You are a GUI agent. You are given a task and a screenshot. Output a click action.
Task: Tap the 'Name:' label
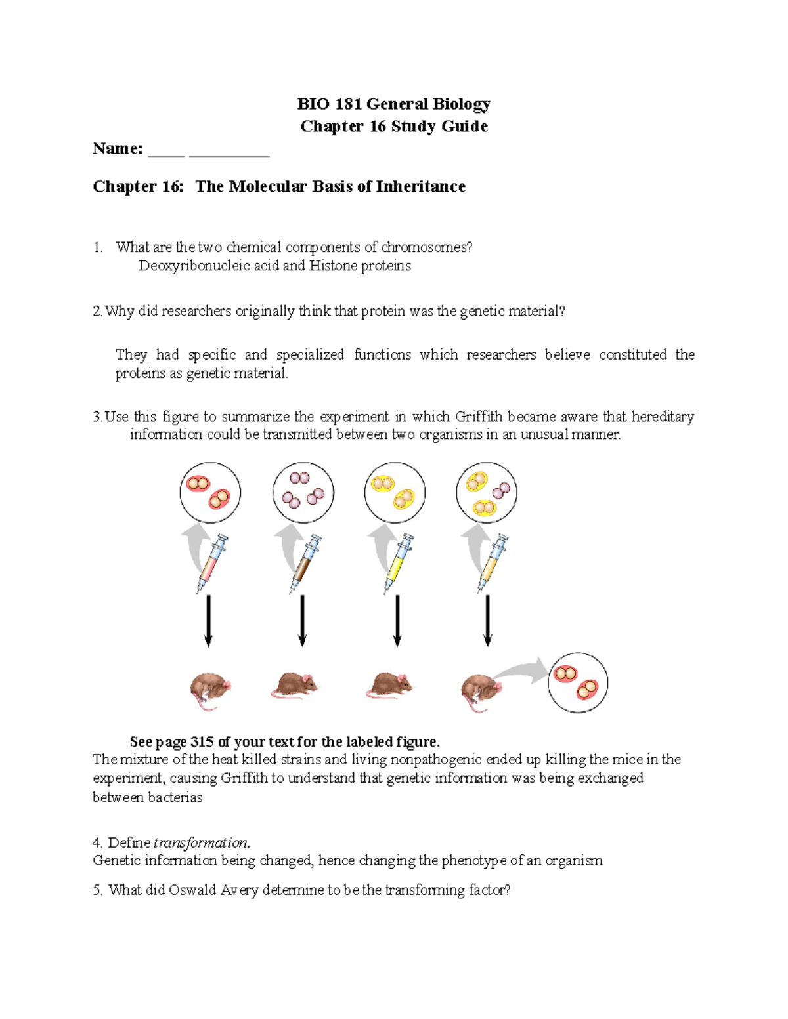pyautogui.click(x=118, y=149)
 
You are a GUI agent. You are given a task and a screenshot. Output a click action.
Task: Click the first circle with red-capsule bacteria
pyautogui.click(x=210, y=493)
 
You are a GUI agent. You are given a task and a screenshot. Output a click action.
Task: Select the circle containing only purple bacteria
pyautogui.click(x=303, y=493)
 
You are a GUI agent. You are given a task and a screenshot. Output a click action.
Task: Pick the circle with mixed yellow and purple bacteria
pyautogui.click(x=487, y=493)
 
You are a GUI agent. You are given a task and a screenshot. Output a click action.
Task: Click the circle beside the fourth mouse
pyautogui.click(x=578, y=682)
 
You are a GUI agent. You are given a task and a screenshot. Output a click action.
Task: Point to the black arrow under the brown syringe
pyautogui.click(x=302, y=621)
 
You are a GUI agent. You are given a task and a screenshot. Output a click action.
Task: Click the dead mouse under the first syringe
pyautogui.click(x=210, y=690)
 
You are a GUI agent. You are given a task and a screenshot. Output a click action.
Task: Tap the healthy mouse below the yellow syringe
pyautogui.click(x=389, y=686)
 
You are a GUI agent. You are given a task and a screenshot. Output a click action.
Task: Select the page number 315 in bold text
pyautogui.click(x=202, y=742)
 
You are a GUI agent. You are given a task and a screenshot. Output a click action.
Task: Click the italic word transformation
pyautogui.click(x=200, y=843)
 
